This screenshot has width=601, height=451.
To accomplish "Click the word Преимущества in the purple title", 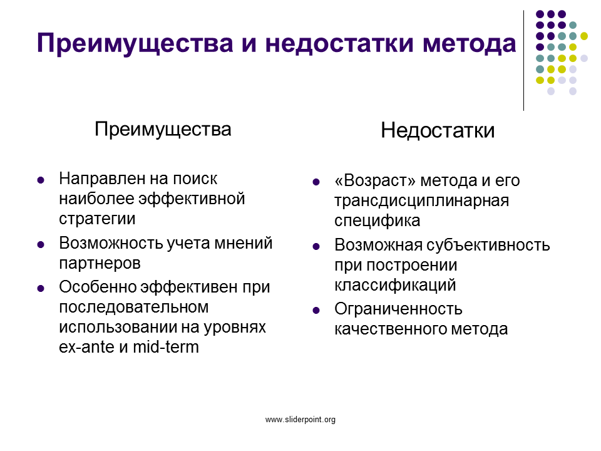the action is tap(135, 43).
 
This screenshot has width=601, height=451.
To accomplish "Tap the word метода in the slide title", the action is tap(470, 43).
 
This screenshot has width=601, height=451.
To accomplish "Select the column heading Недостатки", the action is tap(438, 130).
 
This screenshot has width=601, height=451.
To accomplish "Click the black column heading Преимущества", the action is tap(163, 130).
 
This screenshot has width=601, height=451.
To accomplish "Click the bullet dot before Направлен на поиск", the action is tap(41, 180).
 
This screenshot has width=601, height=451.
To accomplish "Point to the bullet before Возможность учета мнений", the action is tap(41, 244).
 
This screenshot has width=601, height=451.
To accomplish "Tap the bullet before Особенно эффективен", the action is tap(41, 288).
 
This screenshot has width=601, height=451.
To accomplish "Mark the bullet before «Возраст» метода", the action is tap(316, 182).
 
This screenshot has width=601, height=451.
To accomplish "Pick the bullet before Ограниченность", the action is tap(316, 310).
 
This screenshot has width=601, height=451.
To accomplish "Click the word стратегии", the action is tap(98, 219).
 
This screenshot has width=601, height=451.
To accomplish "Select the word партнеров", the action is tap(100, 264).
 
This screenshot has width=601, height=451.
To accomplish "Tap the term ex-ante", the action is tap(86, 348).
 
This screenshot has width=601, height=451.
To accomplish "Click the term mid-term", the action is tap(166, 347).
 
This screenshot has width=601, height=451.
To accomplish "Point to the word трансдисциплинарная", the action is tap(421, 201).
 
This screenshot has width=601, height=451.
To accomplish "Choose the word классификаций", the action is tap(395, 286).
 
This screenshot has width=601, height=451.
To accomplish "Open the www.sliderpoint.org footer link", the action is tap(300, 420).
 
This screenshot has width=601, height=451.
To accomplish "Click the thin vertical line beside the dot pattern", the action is tap(523, 61).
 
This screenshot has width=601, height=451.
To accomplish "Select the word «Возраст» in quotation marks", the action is tap(375, 180).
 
